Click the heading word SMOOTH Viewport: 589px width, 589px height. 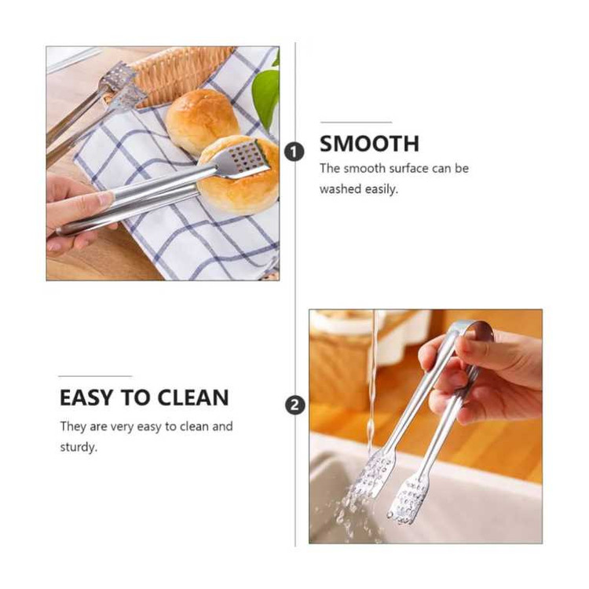point(369,144)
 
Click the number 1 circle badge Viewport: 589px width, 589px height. point(294,152)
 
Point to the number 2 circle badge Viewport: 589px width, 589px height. point(295,406)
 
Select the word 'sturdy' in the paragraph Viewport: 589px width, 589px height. point(78,447)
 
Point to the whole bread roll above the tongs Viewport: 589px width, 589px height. point(202,120)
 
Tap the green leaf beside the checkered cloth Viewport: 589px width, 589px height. point(266,94)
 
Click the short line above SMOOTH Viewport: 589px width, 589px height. point(356,122)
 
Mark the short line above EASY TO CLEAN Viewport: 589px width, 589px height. point(95,375)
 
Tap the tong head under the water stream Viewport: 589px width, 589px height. point(374,474)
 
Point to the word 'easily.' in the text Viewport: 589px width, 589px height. point(381,189)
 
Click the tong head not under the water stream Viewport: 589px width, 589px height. point(408,499)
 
